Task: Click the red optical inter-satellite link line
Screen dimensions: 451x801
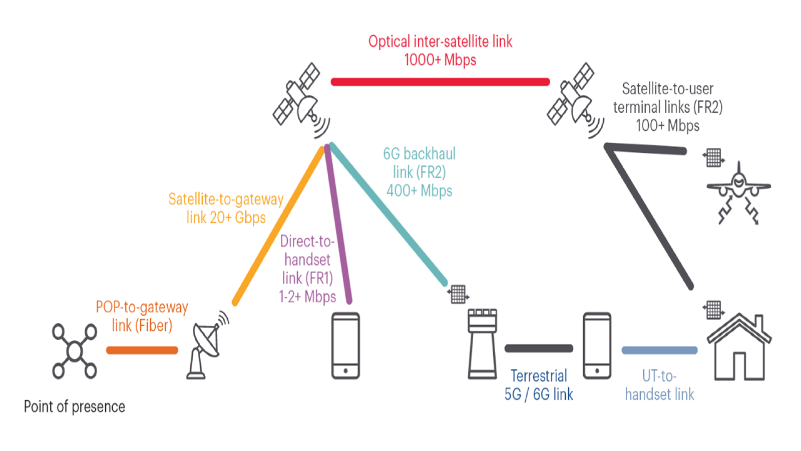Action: [x=440, y=82]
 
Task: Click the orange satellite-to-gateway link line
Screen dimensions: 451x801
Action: [x=278, y=225]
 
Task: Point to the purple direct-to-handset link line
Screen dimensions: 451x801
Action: [x=338, y=225]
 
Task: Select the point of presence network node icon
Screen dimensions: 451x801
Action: [x=75, y=351]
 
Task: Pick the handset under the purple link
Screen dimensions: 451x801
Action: [x=345, y=346]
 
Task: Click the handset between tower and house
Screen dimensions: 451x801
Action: [x=597, y=346]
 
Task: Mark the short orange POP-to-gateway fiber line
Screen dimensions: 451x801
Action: [x=142, y=350]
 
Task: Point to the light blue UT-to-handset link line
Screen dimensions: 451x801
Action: [x=659, y=350]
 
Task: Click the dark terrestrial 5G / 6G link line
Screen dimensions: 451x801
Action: [x=539, y=348]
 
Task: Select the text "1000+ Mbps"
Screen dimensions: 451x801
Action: [x=440, y=60]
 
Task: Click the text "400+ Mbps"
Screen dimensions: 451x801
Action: [x=419, y=191]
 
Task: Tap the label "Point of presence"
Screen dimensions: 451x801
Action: [x=75, y=406]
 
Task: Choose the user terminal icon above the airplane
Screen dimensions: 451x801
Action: [x=713, y=157]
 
